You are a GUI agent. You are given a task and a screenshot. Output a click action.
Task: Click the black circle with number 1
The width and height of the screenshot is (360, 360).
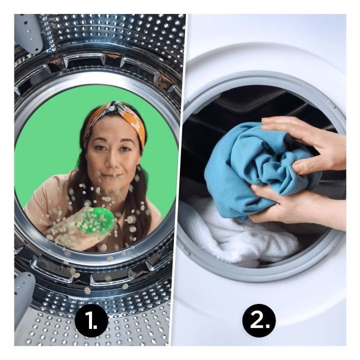tap(91, 320)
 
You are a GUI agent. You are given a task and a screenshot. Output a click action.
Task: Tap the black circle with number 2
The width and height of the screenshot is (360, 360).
tap(259, 320)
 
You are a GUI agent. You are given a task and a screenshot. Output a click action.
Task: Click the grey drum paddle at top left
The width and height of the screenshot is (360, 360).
tap(30, 33)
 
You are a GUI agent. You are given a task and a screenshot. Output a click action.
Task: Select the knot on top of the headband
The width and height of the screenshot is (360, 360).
tap(115, 107)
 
